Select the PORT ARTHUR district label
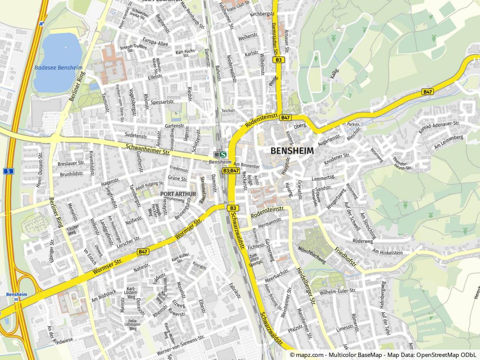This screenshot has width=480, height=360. pos(178,194)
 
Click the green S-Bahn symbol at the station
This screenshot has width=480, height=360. pos(224,154)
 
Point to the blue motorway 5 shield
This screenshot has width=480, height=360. pos(8,171)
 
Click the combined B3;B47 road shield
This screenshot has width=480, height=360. pos(231,171)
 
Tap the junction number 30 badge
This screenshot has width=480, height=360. pos(16,300)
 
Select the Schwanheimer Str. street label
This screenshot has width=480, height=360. pos(148,150)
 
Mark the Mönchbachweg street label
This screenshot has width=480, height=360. pos(312,255)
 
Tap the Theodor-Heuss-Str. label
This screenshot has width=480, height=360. pos(401,162)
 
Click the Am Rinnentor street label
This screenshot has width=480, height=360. pos(246,165)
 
